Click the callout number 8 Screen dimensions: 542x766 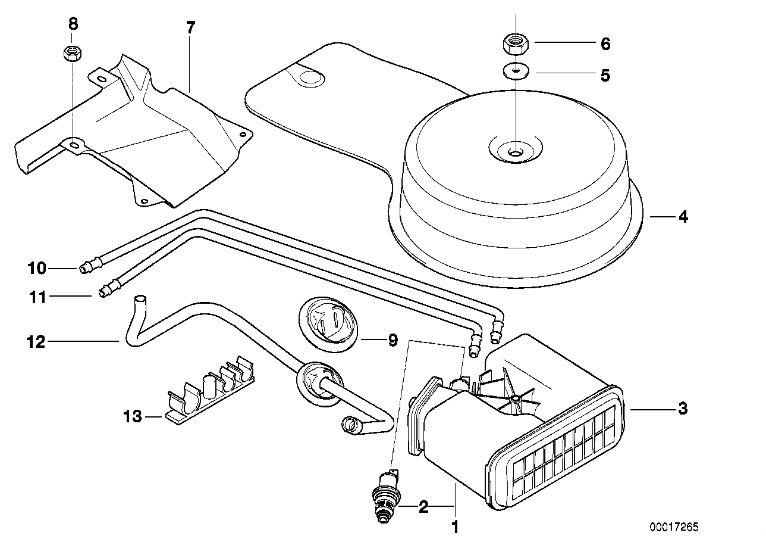click(73, 24)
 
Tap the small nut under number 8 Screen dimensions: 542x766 click(72, 52)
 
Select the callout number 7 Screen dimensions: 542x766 click(190, 27)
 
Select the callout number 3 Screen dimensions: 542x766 click(683, 409)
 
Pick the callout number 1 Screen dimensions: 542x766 click(455, 527)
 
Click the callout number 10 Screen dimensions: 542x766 click(36, 269)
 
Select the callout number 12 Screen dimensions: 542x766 click(36, 342)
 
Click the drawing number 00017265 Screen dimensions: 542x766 click(674, 527)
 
